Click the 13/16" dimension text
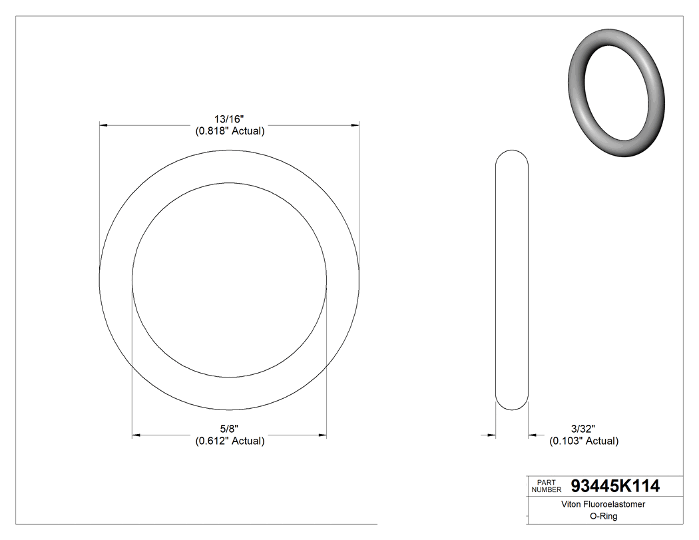pyautogui.click(x=230, y=119)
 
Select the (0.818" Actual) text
pyautogui.click(x=230, y=131)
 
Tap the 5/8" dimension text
pyautogui.click(x=230, y=429)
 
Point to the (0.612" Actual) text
pyautogui.click(x=230, y=441)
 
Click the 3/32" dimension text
pyautogui.click(x=582, y=429)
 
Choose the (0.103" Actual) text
pyautogui.click(x=583, y=441)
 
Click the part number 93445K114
pyautogui.click(x=615, y=486)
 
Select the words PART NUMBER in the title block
pyautogui.click(x=547, y=486)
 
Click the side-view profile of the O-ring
pyautogui.click(x=512, y=280)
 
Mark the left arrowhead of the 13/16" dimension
pyautogui.click(x=103, y=125)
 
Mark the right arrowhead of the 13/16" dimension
pyautogui.click(x=355, y=125)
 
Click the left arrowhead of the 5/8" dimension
pyautogui.click(x=136, y=435)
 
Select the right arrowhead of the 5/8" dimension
pyautogui.click(x=322, y=435)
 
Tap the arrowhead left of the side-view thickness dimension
pyautogui.click(x=491, y=435)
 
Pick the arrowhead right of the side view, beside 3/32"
pyautogui.click(x=533, y=435)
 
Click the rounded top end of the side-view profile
pyautogui.click(x=512, y=152)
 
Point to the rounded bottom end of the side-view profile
pyautogui.click(x=512, y=407)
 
